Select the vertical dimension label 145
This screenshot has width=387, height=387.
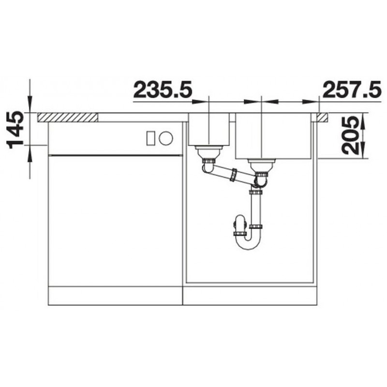coord(16,130)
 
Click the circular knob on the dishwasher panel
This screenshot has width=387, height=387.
coord(166,138)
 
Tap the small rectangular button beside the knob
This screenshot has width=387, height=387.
coord(150,138)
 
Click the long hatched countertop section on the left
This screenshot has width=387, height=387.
coord(68,117)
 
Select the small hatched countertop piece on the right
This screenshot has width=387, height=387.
coord(323,117)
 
